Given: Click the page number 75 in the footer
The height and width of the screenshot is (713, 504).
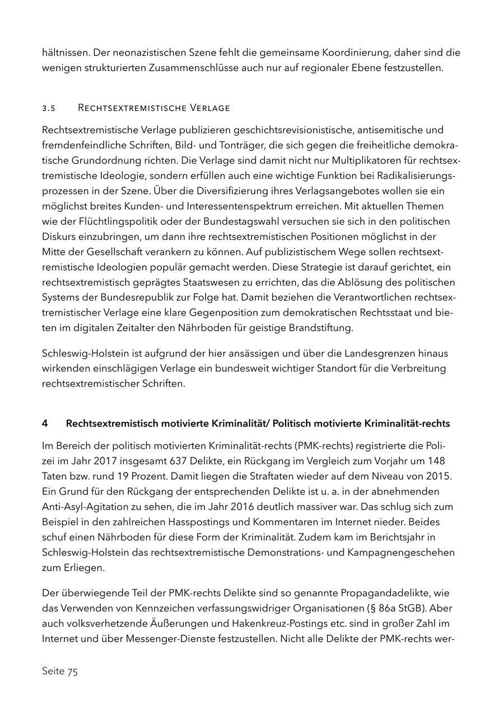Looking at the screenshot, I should click(72, 672).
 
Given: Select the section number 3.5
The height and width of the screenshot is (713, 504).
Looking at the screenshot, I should click(48, 108).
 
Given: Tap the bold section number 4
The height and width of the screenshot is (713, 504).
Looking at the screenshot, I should click(45, 424).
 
